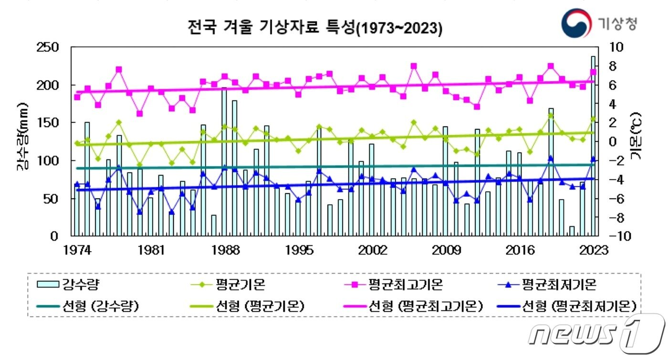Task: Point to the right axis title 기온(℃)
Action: coord(636,137)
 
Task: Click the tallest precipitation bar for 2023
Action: coord(593,146)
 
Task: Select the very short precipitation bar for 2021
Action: coord(572,231)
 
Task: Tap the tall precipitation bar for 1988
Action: coord(224,162)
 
